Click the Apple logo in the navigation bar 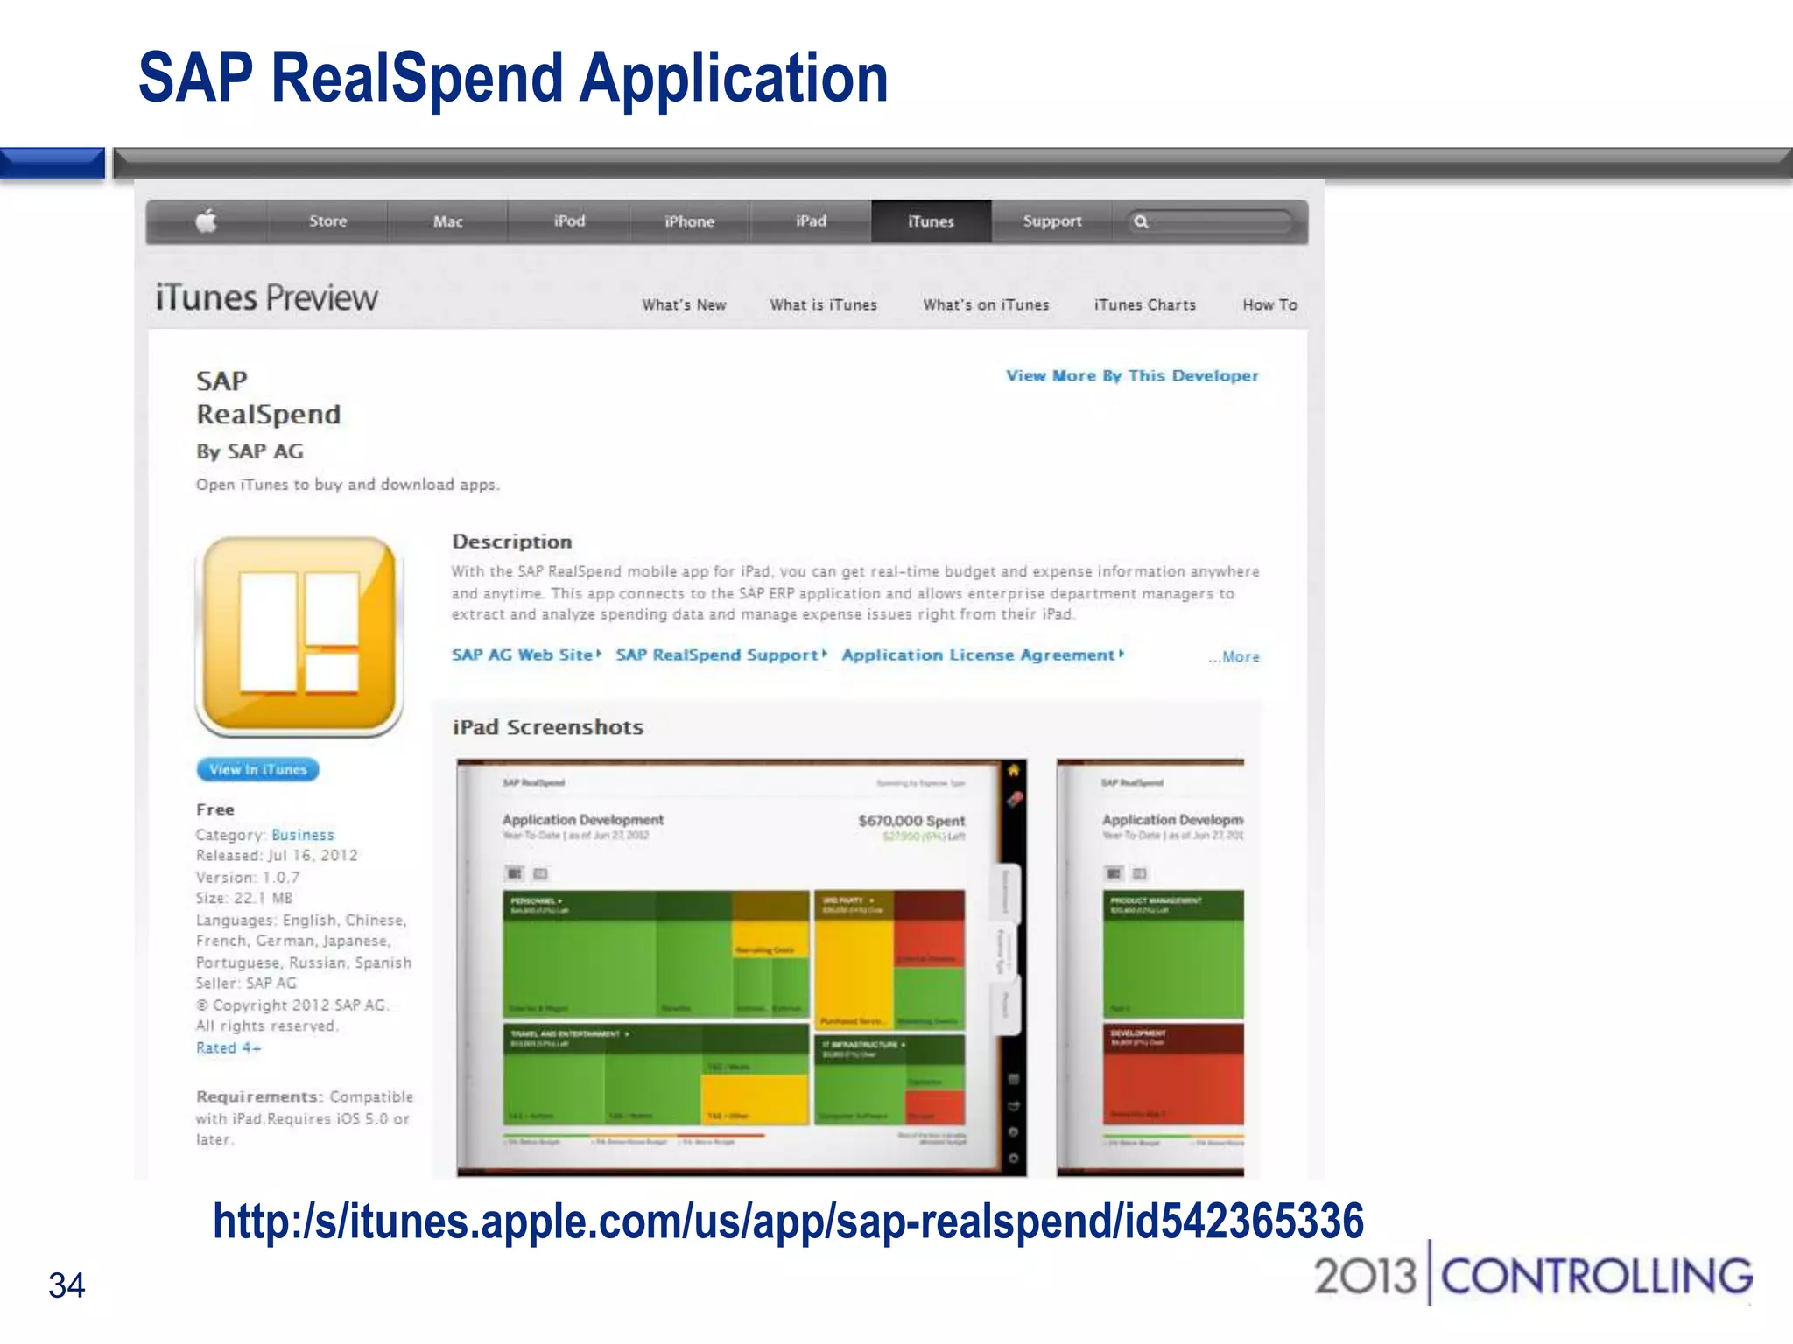point(207,221)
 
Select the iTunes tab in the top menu point(931,221)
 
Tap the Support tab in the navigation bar point(1052,221)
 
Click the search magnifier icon point(1141,221)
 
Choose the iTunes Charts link point(1144,304)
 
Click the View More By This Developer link point(1132,375)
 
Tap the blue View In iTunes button point(258,769)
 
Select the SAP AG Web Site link point(524,654)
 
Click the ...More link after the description point(1235,656)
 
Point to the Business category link point(303,835)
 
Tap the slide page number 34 point(67,1284)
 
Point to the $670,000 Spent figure point(911,821)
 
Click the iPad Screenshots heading point(548,727)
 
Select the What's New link point(684,304)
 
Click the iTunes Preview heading point(267,298)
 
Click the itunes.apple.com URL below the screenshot point(788,1221)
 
